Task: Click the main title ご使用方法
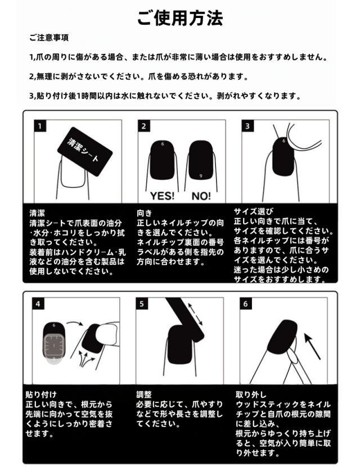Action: pyautogui.click(x=179, y=19)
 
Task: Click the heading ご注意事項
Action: pyautogui.click(x=49, y=38)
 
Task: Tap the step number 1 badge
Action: pyautogui.click(x=39, y=126)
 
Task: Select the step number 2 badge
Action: pyautogui.click(x=143, y=126)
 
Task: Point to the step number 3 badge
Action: pyautogui.click(x=247, y=126)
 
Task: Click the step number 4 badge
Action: pyautogui.click(x=38, y=303)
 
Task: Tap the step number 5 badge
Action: pyautogui.click(x=142, y=303)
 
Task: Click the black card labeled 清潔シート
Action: pyautogui.click(x=85, y=151)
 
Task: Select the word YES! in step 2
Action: pyautogui.click(x=162, y=196)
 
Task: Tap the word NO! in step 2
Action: pyautogui.click(x=201, y=196)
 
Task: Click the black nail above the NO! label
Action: pyautogui.click(x=201, y=160)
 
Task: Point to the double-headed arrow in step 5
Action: pyautogui.click(x=195, y=314)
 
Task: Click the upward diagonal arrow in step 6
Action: pyautogui.click(x=312, y=346)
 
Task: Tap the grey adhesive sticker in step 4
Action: pyautogui.click(x=54, y=346)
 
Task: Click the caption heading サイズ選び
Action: pyautogui.click(x=253, y=211)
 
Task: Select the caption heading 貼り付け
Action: pyautogui.click(x=41, y=395)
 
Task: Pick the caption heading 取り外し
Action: pyautogui.click(x=251, y=395)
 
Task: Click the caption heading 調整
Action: pyautogui.click(x=144, y=395)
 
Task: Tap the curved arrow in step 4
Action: pyautogui.click(x=74, y=323)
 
